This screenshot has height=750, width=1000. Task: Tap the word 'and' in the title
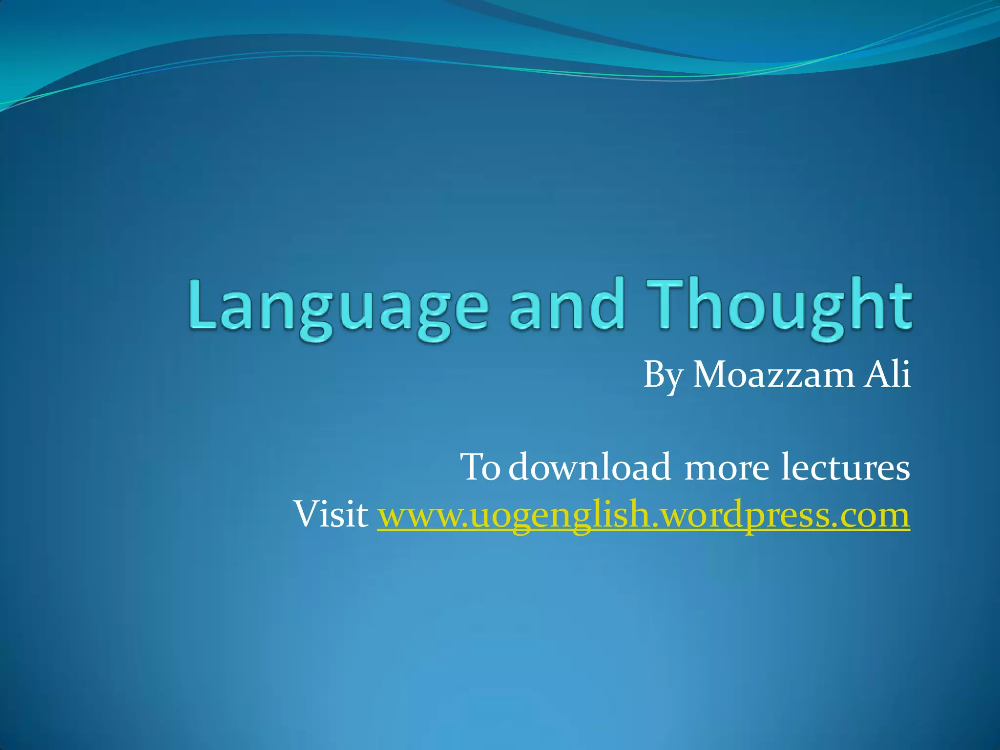567,305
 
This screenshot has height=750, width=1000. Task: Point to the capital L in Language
203,305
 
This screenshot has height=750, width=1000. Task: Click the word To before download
480,467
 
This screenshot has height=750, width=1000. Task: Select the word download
590,467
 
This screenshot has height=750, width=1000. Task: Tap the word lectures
845,467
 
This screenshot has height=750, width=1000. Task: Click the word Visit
331,514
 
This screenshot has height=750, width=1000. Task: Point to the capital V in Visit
305,514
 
